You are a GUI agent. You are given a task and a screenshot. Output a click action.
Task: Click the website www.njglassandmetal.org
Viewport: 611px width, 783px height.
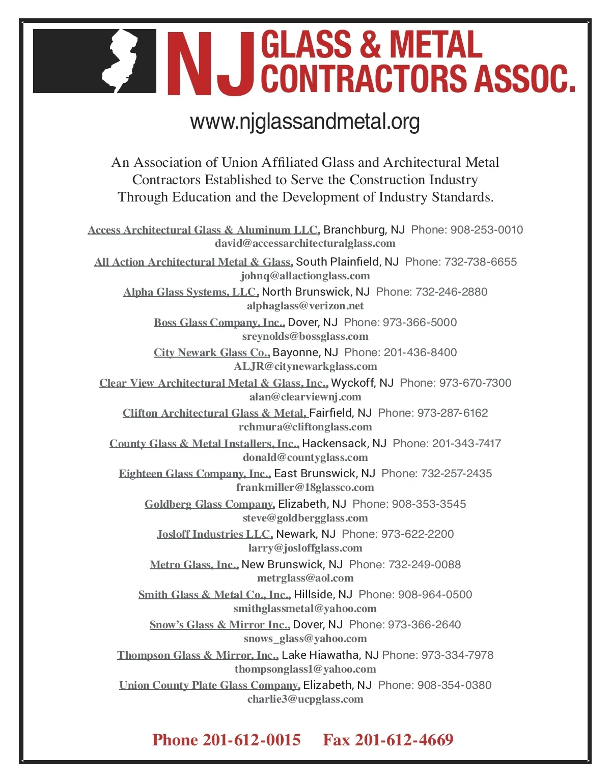[x=305, y=122]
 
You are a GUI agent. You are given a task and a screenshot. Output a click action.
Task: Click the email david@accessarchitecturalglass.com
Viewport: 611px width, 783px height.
[x=305, y=244]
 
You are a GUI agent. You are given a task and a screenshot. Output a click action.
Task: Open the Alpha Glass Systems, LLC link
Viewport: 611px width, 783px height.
[x=191, y=292]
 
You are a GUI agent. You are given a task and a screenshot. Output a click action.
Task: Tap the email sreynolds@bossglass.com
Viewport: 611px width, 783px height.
[x=305, y=336]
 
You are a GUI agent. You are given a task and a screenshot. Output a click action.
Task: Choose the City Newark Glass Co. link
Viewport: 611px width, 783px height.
[x=211, y=353]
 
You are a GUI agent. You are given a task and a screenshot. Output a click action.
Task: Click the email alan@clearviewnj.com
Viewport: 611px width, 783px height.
[x=305, y=397]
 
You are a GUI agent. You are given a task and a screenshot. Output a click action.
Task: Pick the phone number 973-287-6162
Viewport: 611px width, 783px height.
[x=453, y=413]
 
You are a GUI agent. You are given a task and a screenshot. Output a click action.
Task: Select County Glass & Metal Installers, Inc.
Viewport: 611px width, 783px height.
[x=204, y=444]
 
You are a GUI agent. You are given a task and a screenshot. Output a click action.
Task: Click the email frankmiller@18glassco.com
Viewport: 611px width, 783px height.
[x=305, y=487]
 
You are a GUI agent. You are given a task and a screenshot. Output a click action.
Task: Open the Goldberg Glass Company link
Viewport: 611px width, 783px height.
[x=210, y=504]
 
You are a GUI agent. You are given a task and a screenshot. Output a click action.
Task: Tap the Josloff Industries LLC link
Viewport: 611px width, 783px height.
[x=214, y=534]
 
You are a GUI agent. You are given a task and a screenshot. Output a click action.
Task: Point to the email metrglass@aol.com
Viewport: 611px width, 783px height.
[x=305, y=578]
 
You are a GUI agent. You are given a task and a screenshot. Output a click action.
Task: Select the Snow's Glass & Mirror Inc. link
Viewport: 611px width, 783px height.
[x=219, y=625]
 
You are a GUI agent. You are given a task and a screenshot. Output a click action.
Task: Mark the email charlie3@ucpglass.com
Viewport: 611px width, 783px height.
[x=305, y=699]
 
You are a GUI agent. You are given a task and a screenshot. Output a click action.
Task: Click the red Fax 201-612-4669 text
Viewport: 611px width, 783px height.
[x=388, y=740]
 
